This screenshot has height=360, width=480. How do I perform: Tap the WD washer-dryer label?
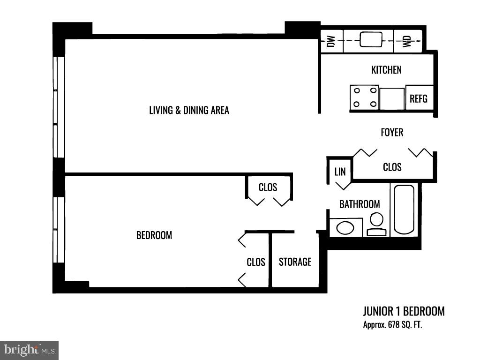(407, 41)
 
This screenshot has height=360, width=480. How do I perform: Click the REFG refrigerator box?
(418, 98)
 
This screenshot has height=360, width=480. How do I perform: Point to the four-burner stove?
(364, 97)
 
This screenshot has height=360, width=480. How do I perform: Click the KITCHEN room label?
(386, 70)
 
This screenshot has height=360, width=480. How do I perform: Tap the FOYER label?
(392, 132)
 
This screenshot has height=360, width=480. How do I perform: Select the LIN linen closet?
(340, 172)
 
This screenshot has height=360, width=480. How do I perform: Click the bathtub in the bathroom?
(404, 209)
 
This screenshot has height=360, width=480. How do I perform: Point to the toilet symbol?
(376, 224)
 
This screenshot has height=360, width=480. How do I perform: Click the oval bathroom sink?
(346, 228)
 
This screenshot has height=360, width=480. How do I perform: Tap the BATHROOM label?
(360, 204)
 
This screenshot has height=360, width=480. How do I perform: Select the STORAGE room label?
(295, 262)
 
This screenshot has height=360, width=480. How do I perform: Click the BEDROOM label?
(154, 235)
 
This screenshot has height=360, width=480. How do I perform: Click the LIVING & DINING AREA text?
(189, 110)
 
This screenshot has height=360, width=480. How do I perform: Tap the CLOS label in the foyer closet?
(392, 167)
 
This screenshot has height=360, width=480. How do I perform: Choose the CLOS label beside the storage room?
(256, 262)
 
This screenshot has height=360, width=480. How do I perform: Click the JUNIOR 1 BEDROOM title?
(404, 311)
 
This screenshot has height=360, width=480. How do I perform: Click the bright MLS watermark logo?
(29, 350)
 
